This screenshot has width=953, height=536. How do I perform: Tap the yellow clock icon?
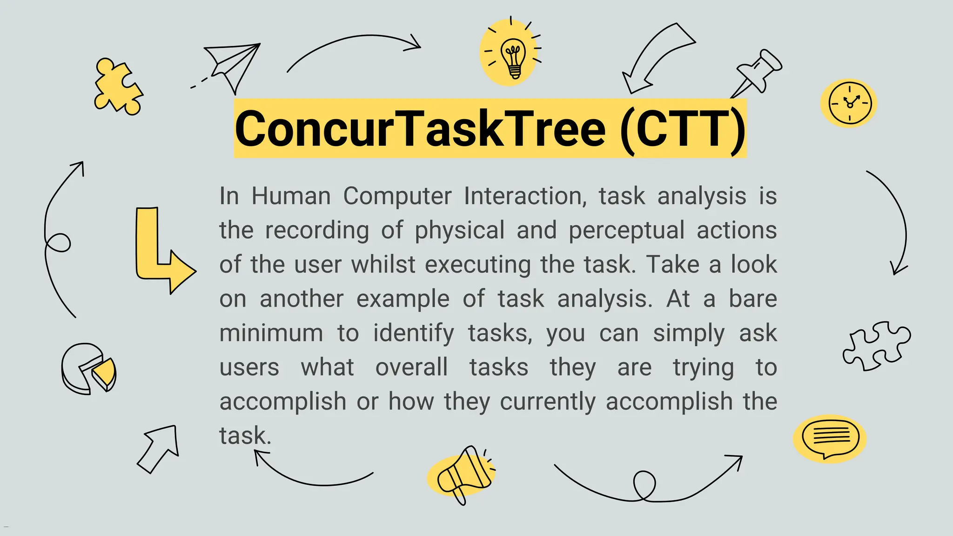tap(849, 103)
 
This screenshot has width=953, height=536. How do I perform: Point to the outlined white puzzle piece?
tap(876, 345)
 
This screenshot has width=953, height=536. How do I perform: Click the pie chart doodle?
tap(88, 368)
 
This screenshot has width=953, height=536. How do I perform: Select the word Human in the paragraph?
tap(291, 196)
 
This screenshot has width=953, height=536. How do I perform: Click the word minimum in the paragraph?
tap(271, 333)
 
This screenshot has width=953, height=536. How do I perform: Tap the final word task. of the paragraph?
tap(245, 436)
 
